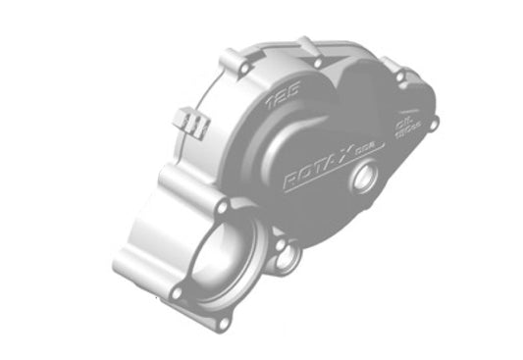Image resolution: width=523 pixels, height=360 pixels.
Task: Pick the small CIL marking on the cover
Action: pos(400,123)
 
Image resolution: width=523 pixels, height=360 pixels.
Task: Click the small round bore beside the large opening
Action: pos(289,259)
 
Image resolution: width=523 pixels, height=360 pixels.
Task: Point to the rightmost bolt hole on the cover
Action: pos(436,124)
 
